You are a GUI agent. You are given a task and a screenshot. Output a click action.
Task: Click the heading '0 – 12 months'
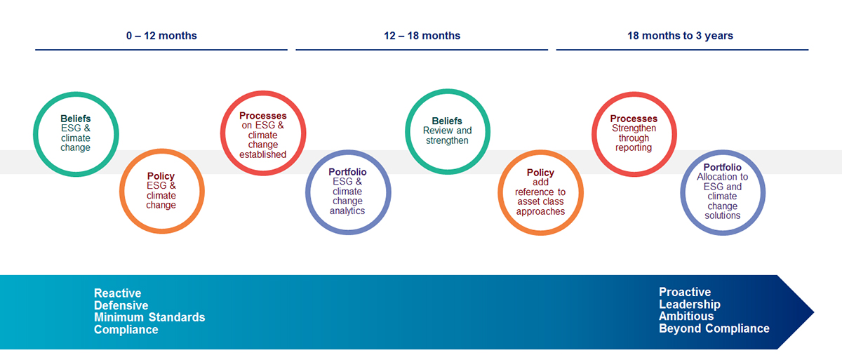[x=161, y=36]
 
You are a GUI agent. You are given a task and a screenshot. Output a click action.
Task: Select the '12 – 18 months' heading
[x=422, y=36]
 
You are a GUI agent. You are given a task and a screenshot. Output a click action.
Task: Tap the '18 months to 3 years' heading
[x=680, y=36]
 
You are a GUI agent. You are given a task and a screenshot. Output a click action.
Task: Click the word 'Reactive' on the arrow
[x=118, y=293]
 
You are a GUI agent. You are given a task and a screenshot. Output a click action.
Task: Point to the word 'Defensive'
[x=121, y=305]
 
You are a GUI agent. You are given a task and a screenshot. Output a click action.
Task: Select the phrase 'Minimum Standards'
[x=149, y=317]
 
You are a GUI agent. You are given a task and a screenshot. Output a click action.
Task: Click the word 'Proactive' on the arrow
[x=685, y=292]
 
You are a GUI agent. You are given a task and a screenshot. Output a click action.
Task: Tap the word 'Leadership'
[x=690, y=304]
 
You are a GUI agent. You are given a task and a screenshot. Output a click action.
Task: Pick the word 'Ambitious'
[x=686, y=316]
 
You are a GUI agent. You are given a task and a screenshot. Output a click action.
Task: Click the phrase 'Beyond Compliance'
[x=714, y=328]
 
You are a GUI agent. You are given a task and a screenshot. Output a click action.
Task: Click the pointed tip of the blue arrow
[x=814, y=312]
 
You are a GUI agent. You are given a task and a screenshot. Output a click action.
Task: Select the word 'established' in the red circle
[x=262, y=154]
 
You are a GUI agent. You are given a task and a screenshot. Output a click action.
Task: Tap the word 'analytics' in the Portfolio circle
[x=347, y=211]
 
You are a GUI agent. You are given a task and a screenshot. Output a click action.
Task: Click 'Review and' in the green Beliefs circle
[x=448, y=131]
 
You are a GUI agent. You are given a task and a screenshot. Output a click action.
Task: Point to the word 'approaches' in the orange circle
[x=540, y=211]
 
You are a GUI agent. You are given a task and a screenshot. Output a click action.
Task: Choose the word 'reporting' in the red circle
[x=634, y=147]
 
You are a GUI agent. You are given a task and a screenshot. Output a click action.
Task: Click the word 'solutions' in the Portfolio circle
[x=723, y=215]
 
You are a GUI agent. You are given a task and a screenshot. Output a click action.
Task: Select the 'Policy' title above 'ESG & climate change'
[x=161, y=176]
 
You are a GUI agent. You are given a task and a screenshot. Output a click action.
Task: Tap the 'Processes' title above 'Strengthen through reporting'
[x=634, y=119]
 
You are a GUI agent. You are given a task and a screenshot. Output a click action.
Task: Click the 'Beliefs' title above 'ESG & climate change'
[x=76, y=119]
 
